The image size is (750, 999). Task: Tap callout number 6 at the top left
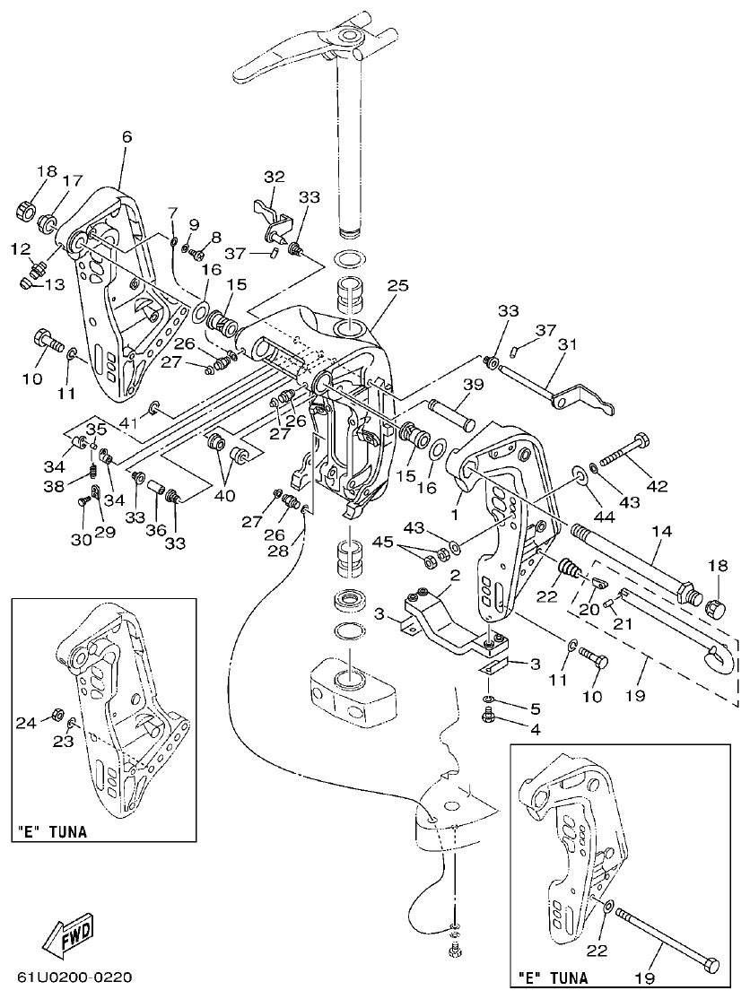point(126,137)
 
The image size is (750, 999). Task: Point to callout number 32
point(274,177)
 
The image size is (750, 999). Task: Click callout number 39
point(474,385)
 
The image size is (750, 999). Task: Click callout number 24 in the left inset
point(28,719)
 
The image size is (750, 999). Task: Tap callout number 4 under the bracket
point(535,729)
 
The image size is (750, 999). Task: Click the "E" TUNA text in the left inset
point(52,831)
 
